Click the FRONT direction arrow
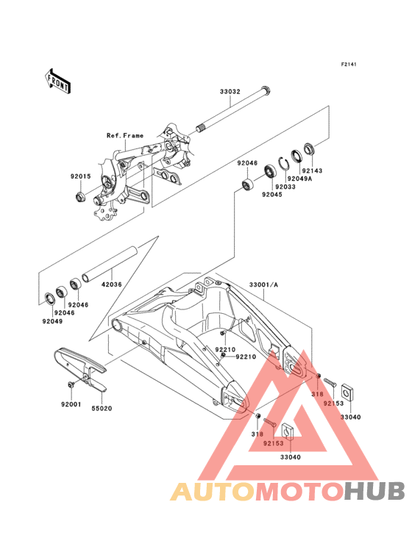click(57, 82)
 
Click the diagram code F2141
click(349, 64)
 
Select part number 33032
click(230, 92)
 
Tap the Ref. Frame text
click(125, 135)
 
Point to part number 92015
click(81, 176)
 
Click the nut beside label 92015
click(80, 197)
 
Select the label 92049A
click(299, 179)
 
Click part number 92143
click(312, 171)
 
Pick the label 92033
click(285, 187)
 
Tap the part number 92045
click(272, 195)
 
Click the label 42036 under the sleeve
click(111, 284)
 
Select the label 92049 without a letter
click(52, 321)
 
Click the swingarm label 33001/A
click(263, 284)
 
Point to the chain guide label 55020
click(102, 409)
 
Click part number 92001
click(71, 404)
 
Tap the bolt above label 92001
click(71, 384)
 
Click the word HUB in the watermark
click(374, 491)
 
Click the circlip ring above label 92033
click(284, 163)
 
